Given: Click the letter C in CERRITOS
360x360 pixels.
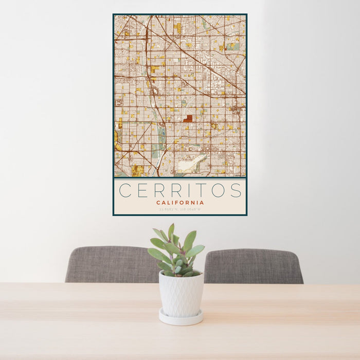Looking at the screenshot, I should (x=124, y=190).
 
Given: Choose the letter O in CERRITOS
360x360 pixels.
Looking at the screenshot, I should (x=218, y=190).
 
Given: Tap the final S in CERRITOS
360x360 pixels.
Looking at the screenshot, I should (x=236, y=190).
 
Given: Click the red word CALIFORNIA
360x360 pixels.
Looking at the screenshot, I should (x=180, y=203).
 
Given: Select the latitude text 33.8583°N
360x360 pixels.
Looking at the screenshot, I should (x=169, y=209).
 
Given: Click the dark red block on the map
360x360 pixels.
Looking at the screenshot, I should (x=188, y=118).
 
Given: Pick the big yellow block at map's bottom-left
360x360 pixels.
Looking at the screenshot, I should (x=137, y=170).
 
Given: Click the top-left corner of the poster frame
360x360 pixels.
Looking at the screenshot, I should (x=114, y=14).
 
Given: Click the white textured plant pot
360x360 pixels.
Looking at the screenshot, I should (x=181, y=294).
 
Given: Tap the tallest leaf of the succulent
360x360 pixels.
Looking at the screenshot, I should (x=171, y=232).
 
